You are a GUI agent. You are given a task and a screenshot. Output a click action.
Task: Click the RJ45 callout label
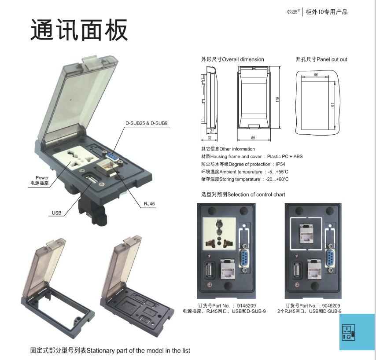[x=149, y=204]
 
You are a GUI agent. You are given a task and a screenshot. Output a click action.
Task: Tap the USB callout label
[x=57, y=213]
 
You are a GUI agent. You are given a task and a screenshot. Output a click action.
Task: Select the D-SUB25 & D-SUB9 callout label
[x=147, y=123]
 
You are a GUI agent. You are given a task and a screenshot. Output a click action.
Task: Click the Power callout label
[x=42, y=178]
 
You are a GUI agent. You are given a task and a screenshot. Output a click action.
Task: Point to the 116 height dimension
[x=277, y=99]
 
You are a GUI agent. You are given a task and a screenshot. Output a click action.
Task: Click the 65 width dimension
[x=253, y=138]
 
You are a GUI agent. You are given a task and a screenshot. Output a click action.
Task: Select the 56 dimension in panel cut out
[x=316, y=75]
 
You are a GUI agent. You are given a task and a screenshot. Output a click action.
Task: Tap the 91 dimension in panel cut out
[x=332, y=105]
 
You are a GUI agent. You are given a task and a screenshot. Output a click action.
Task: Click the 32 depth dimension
[x=210, y=138]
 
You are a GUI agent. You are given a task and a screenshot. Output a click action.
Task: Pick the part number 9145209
[x=246, y=305]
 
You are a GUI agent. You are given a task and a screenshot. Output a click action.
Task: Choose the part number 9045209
[x=331, y=305]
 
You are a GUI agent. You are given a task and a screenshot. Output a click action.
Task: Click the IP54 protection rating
[x=280, y=164]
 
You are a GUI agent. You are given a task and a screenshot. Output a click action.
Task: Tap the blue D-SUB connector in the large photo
[x=112, y=158]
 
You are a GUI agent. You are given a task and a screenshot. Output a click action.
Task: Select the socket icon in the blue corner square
[x=348, y=332]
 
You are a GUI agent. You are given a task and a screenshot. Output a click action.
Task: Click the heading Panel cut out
[x=321, y=59]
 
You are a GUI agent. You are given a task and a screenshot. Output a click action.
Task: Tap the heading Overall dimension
[x=232, y=59]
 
